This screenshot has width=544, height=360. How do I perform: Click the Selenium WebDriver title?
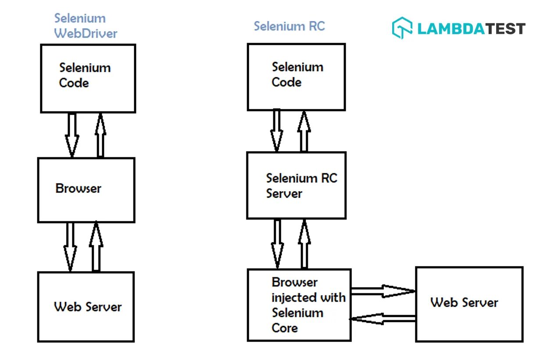(86, 26)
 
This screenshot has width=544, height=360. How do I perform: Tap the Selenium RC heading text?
(289, 26)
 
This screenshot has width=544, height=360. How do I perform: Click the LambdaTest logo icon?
(402, 28)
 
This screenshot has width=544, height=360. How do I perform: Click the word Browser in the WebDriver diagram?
(78, 189)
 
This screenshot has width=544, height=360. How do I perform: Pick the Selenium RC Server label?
(302, 186)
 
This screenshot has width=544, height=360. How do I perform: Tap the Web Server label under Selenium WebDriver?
(88, 307)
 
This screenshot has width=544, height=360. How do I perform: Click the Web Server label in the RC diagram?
(464, 303)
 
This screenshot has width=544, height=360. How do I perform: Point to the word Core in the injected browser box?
(285, 328)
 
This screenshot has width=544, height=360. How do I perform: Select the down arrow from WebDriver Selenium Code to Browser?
(72, 135)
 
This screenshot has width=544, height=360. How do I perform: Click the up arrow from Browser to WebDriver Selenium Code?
(100, 135)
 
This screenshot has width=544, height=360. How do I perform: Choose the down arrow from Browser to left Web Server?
(70, 247)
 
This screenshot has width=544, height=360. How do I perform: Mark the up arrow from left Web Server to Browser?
(96, 246)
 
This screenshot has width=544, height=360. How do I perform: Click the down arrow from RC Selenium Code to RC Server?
(277, 131)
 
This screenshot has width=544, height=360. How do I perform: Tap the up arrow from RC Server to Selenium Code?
(304, 132)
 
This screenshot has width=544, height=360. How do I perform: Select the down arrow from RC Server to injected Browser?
(277, 244)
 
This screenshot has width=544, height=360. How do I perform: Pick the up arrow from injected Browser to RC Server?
(304, 244)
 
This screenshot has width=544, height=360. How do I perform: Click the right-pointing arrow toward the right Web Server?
(383, 291)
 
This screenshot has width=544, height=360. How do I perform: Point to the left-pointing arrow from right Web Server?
(383, 319)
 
